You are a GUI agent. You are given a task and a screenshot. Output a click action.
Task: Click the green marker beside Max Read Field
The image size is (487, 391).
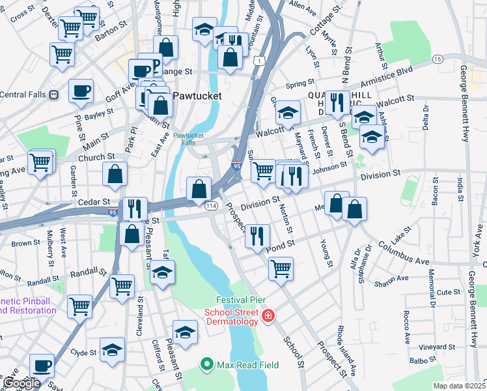coord(208,363)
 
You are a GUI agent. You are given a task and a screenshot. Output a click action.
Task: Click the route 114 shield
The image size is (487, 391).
coord(212,206)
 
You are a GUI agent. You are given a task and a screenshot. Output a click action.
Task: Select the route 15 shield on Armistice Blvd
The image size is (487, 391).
coord(437,59)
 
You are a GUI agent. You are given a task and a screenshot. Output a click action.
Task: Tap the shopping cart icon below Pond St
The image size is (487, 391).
coord(281,267)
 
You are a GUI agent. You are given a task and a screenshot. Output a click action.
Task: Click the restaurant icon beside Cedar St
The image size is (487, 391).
coord(135,207)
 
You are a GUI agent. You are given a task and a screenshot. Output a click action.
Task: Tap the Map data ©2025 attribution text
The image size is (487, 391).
coord(459,386)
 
